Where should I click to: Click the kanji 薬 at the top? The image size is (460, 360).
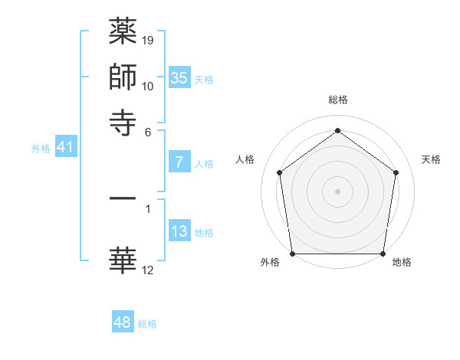coord(123,32)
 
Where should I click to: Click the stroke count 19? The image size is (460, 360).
coord(148,40)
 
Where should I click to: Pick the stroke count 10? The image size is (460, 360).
coord(148,86)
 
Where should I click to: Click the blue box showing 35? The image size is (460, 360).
coord(179,77)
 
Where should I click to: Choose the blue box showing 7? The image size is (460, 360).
coord(179,162)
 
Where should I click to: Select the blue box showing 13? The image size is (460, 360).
coord(179,231)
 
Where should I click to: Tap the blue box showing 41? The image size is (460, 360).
coord(65,147)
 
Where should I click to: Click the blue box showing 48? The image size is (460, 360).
coord(123,322)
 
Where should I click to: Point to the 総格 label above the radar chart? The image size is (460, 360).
coord(338,100)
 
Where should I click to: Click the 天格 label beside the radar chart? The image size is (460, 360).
coord(431,159)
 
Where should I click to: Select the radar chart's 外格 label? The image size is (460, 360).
coord(270,263)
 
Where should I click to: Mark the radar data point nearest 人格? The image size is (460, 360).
coord(280,172)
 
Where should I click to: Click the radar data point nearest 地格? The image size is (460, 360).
coord(383,254)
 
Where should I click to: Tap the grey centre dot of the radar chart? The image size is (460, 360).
coord(338,191)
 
